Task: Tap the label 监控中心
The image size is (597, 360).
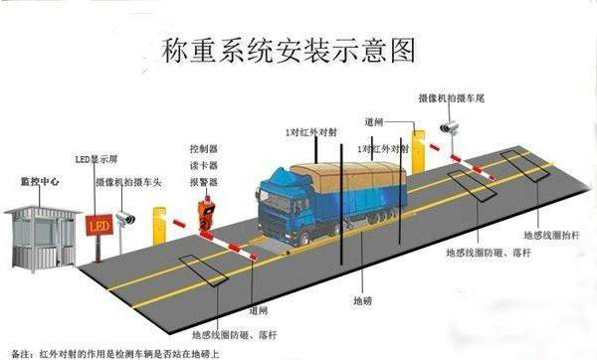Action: click(x=38, y=181)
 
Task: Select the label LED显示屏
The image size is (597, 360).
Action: click(x=98, y=159)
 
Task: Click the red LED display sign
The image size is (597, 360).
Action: click(x=98, y=226)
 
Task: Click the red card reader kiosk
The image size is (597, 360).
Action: click(x=206, y=218)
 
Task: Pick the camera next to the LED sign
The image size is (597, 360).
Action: click(x=126, y=218)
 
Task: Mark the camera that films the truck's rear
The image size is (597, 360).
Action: click(x=449, y=126)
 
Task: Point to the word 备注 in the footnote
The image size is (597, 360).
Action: click(x=19, y=353)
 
